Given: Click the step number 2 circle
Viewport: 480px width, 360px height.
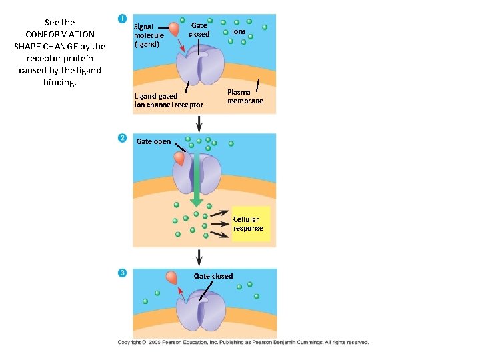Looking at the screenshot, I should click(x=122, y=137).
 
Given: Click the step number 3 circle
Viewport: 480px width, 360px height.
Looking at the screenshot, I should click(x=122, y=273).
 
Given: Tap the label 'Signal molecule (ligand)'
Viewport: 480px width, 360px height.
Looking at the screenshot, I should click(x=149, y=35).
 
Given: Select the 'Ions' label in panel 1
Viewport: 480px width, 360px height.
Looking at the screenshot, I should click(x=239, y=31).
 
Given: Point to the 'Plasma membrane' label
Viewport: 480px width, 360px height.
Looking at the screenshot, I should click(x=245, y=97).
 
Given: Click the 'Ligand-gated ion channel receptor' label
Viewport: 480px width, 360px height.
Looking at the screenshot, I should click(x=169, y=101).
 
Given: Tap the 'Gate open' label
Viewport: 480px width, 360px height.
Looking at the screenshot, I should click(x=153, y=141).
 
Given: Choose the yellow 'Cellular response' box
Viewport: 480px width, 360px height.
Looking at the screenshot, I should click(x=248, y=223).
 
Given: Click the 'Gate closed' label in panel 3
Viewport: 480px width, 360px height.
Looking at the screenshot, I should click(x=213, y=276).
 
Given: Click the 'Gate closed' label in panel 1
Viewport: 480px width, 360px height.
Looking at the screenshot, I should click(x=199, y=29).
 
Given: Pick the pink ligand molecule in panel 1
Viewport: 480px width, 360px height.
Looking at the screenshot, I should click(x=174, y=29).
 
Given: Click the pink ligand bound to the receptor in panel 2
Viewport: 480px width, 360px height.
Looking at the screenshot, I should click(x=179, y=159).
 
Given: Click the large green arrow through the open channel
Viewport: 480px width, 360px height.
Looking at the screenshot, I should click(x=197, y=180).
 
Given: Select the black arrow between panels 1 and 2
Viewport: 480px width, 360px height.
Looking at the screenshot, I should click(x=199, y=123).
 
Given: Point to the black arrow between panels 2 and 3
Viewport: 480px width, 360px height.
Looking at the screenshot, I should click(x=199, y=257).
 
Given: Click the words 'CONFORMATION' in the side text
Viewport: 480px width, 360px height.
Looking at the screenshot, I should click(x=60, y=34).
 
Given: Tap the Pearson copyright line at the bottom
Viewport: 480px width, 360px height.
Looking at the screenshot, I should click(x=243, y=342).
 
